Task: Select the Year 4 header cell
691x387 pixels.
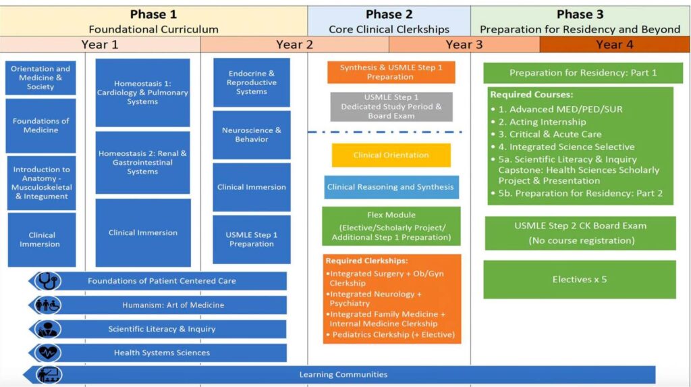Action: coord(615,45)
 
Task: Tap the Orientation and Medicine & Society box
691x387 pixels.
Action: coord(40,78)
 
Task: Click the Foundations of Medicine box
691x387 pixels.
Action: coord(40,126)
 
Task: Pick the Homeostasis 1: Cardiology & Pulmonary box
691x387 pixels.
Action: coord(142,93)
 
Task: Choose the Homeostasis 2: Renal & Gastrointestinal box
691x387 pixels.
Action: coord(142,162)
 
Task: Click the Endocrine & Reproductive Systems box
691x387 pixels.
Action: coord(252,82)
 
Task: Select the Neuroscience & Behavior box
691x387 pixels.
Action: coord(252,134)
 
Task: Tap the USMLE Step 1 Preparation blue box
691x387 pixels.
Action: coord(252,239)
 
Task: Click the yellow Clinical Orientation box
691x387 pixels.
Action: coord(391,155)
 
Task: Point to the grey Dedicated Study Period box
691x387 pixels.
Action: coord(391,107)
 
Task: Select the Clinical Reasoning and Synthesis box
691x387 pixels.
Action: coord(391,187)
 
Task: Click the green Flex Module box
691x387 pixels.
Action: coord(391,226)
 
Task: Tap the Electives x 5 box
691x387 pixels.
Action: coord(579,279)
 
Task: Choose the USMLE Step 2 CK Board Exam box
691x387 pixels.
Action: coord(580,232)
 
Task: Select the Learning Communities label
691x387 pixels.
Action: coord(343,374)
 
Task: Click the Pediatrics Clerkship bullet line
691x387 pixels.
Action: coord(391,334)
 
